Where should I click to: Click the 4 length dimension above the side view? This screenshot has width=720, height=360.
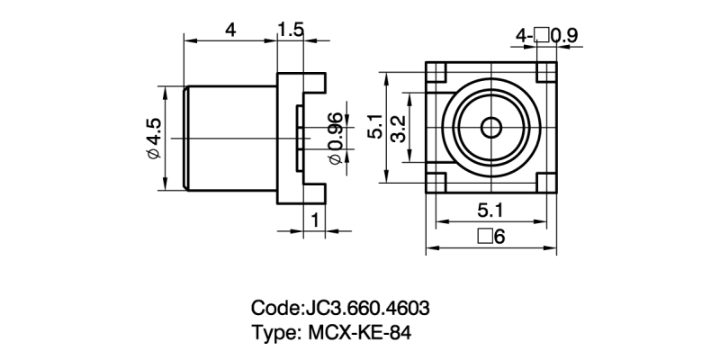click(230, 29)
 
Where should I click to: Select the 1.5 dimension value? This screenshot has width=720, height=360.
click(291, 29)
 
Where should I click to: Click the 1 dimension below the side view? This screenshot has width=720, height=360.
click(314, 220)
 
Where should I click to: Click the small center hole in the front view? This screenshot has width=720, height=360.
click(490, 127)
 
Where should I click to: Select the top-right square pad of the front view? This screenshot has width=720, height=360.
click(546, 71)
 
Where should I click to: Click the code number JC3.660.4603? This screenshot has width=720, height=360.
click(370, 308)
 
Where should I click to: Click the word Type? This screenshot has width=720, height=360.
click(274, 332)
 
